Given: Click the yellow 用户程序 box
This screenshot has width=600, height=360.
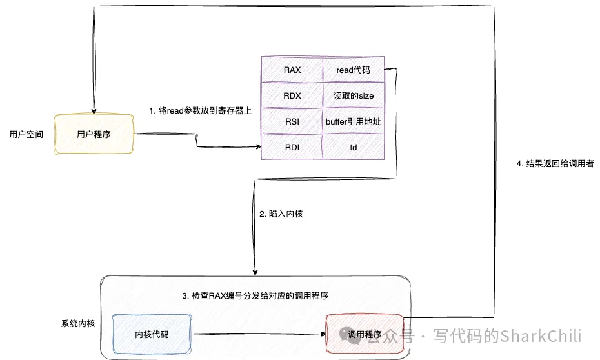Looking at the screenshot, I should coord(94,134).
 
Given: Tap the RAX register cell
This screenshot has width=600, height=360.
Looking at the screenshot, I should coord(292,69).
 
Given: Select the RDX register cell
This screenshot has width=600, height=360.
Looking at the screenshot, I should coord(292,95).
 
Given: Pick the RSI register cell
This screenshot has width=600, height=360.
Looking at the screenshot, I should coord(292,121).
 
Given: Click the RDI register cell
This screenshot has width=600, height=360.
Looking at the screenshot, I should coord(292,147).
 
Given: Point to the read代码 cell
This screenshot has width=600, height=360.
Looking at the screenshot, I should coord(353,69).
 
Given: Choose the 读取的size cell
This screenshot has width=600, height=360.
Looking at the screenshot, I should coord(353,95).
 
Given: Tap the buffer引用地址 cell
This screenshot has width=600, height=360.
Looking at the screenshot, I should coord(353,121).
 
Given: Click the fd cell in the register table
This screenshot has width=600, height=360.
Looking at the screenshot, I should coord(353,147).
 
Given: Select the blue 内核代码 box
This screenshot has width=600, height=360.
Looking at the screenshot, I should coord(152,334).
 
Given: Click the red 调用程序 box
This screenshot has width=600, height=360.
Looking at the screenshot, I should coord(365,334).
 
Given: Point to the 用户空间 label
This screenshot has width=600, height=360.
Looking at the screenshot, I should coord(26,135).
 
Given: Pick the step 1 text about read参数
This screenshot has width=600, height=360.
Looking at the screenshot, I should coord(201,110).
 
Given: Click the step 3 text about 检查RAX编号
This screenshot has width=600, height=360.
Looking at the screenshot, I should coord(256,296).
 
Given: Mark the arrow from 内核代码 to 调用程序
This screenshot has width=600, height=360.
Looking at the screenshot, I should coord(258,334).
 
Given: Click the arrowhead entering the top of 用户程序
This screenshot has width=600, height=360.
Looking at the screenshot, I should coord(94,111).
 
